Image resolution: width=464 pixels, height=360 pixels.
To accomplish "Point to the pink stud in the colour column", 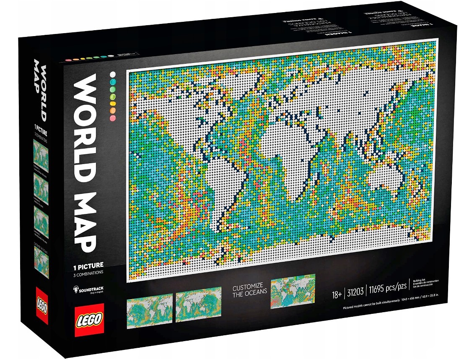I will point(112,118).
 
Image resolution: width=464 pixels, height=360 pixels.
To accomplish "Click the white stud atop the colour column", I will point(112,74).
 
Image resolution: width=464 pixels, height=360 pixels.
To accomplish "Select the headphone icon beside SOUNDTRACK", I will point(75,289).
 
